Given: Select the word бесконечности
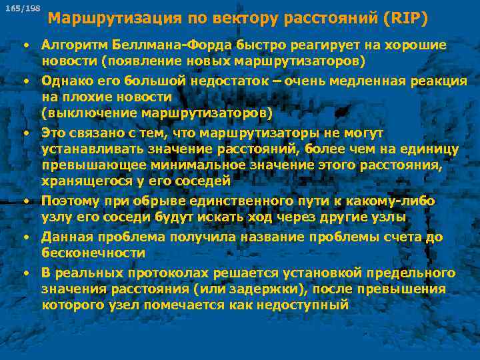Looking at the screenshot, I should pyautogui.click(x=93, y=253).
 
